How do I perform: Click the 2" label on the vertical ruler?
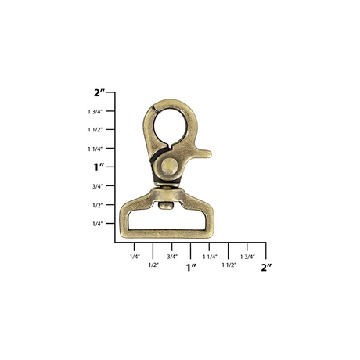pyautogui.click(x=99, y=92)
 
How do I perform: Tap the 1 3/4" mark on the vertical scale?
pyautogui.click(x=95, y=111)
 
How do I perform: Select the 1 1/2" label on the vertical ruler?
pyautogui.click(x=95, y=130)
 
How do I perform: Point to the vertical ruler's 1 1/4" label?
pyautogui.click(x=95, y=149)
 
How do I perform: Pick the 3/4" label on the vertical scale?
pyautogui.click(x=97, y=186)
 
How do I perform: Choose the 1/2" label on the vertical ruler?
pyautogui.click(x=97, y=205)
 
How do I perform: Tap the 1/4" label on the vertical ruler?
pyautogui.click(x=97, y=224)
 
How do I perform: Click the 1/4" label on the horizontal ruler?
pyautogui.click(x=135, y=256)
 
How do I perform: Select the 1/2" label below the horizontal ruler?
pyautogui.click(x=153, y=265)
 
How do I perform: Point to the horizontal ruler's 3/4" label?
pyautogui.click(x=172, y=256)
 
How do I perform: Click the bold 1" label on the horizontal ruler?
pyautogui.click(x=191, y=268)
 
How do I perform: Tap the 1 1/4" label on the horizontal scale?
pyautogui.click(x=210, y=256)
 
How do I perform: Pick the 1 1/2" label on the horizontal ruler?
pyautogui.click(x=229, y=265)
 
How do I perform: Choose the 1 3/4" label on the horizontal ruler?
pyautogui.click(x=247, y=256)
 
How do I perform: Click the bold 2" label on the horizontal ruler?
pyautogui.click(x=266, y=268)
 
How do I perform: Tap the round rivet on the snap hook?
pyautogui.click(x=169, y=166)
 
